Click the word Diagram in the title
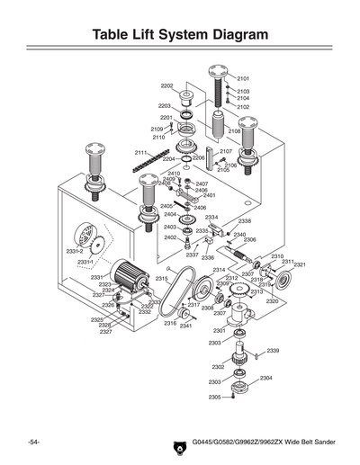231,34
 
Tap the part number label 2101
243,79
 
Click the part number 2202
166,85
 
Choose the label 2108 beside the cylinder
234,131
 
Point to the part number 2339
273,350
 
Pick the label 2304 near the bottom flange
266,378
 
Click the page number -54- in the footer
31,443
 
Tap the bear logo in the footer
177,443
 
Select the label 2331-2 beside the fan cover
75,251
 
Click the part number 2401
209,195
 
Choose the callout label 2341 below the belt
185,326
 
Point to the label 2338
244,220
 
